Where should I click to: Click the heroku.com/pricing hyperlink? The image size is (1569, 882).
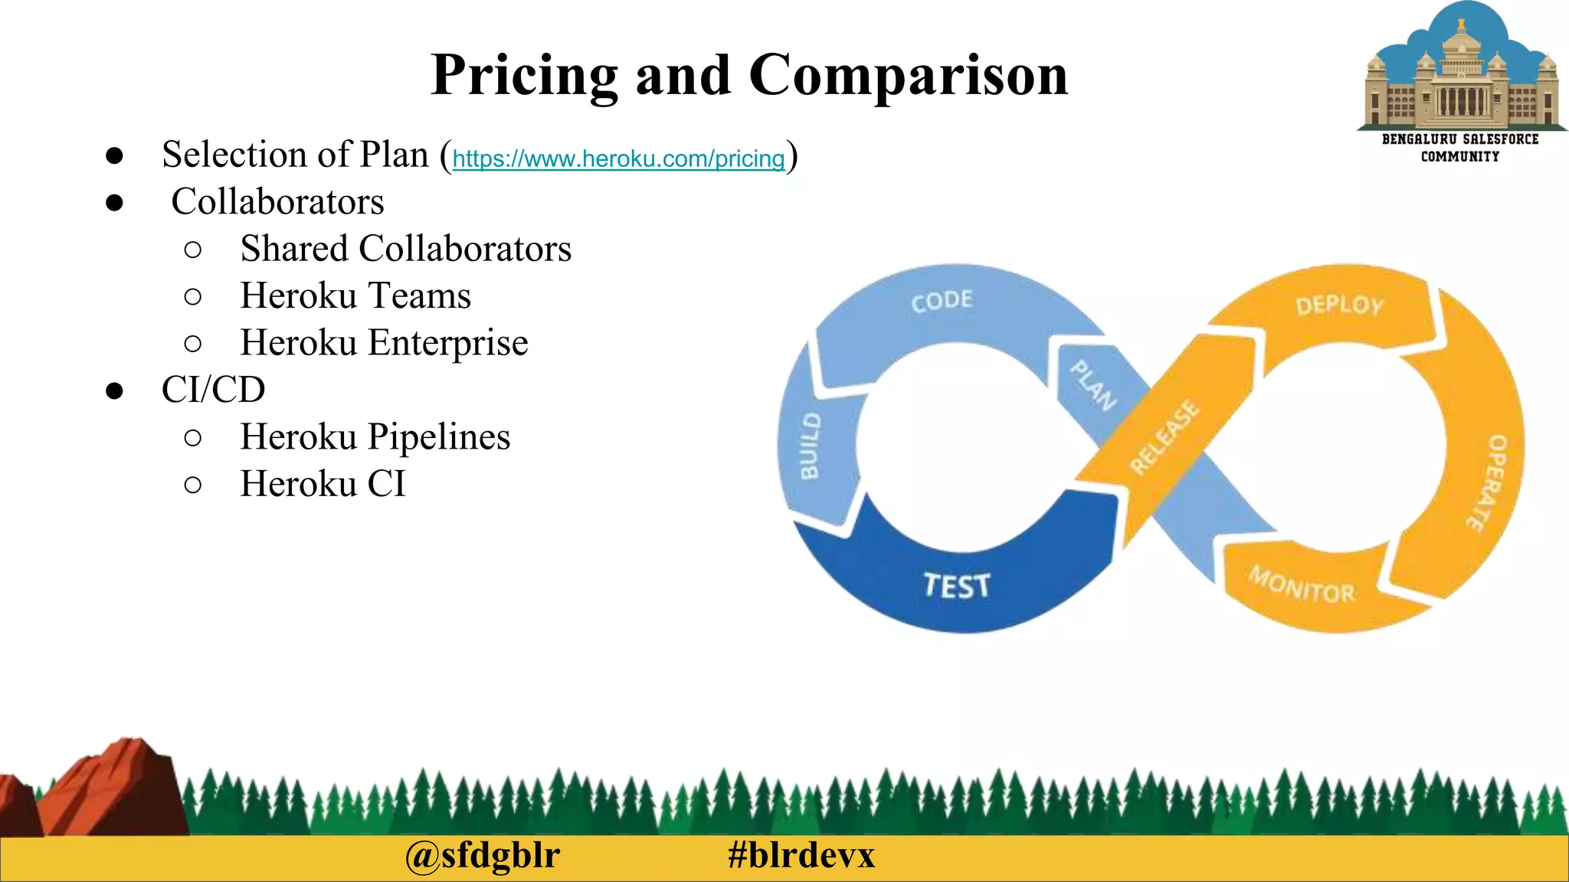coord(618,158)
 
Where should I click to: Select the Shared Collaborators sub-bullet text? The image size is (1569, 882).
coord(405,249)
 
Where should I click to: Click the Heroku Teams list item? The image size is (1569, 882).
coord(355,296)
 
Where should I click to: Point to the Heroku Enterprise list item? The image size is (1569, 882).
coord(383,342)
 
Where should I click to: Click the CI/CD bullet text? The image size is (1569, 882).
coord(213,390)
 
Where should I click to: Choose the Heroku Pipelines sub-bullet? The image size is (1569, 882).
coord(375,436)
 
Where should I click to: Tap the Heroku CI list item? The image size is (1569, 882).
coord(323,484)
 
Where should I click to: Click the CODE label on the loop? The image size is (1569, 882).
coord(942,301)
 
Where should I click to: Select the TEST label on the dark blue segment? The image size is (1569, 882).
coord(956,586)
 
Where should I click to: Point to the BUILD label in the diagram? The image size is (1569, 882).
coord(810,446)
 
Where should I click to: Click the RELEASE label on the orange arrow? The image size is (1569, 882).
coord(1164,437)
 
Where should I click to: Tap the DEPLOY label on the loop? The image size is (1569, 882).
coord(1339,305)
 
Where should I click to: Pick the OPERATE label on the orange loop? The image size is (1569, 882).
coord(1489,482)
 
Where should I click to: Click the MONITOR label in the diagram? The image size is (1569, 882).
coord(1302,585)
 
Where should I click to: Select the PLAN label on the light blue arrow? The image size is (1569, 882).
coord(1093,385)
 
